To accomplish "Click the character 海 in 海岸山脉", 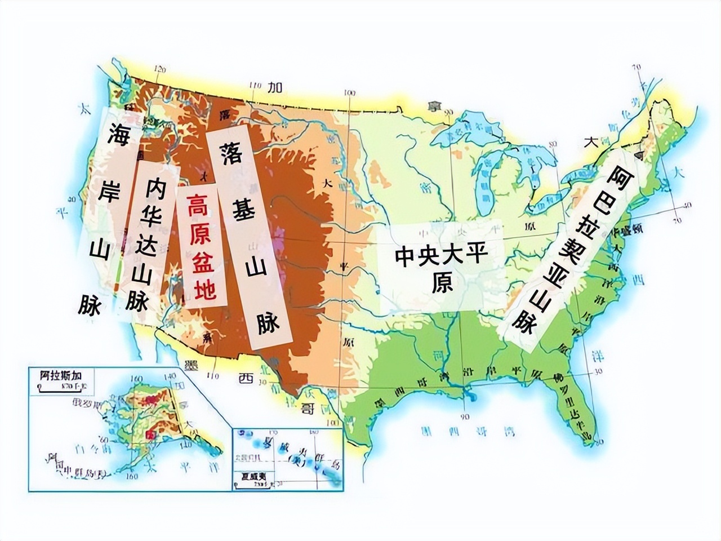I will pos(118,134).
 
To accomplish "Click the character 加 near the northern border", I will pos(274,87).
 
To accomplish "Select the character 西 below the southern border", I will pos(244,378).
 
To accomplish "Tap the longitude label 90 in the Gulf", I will pos(465,418).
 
